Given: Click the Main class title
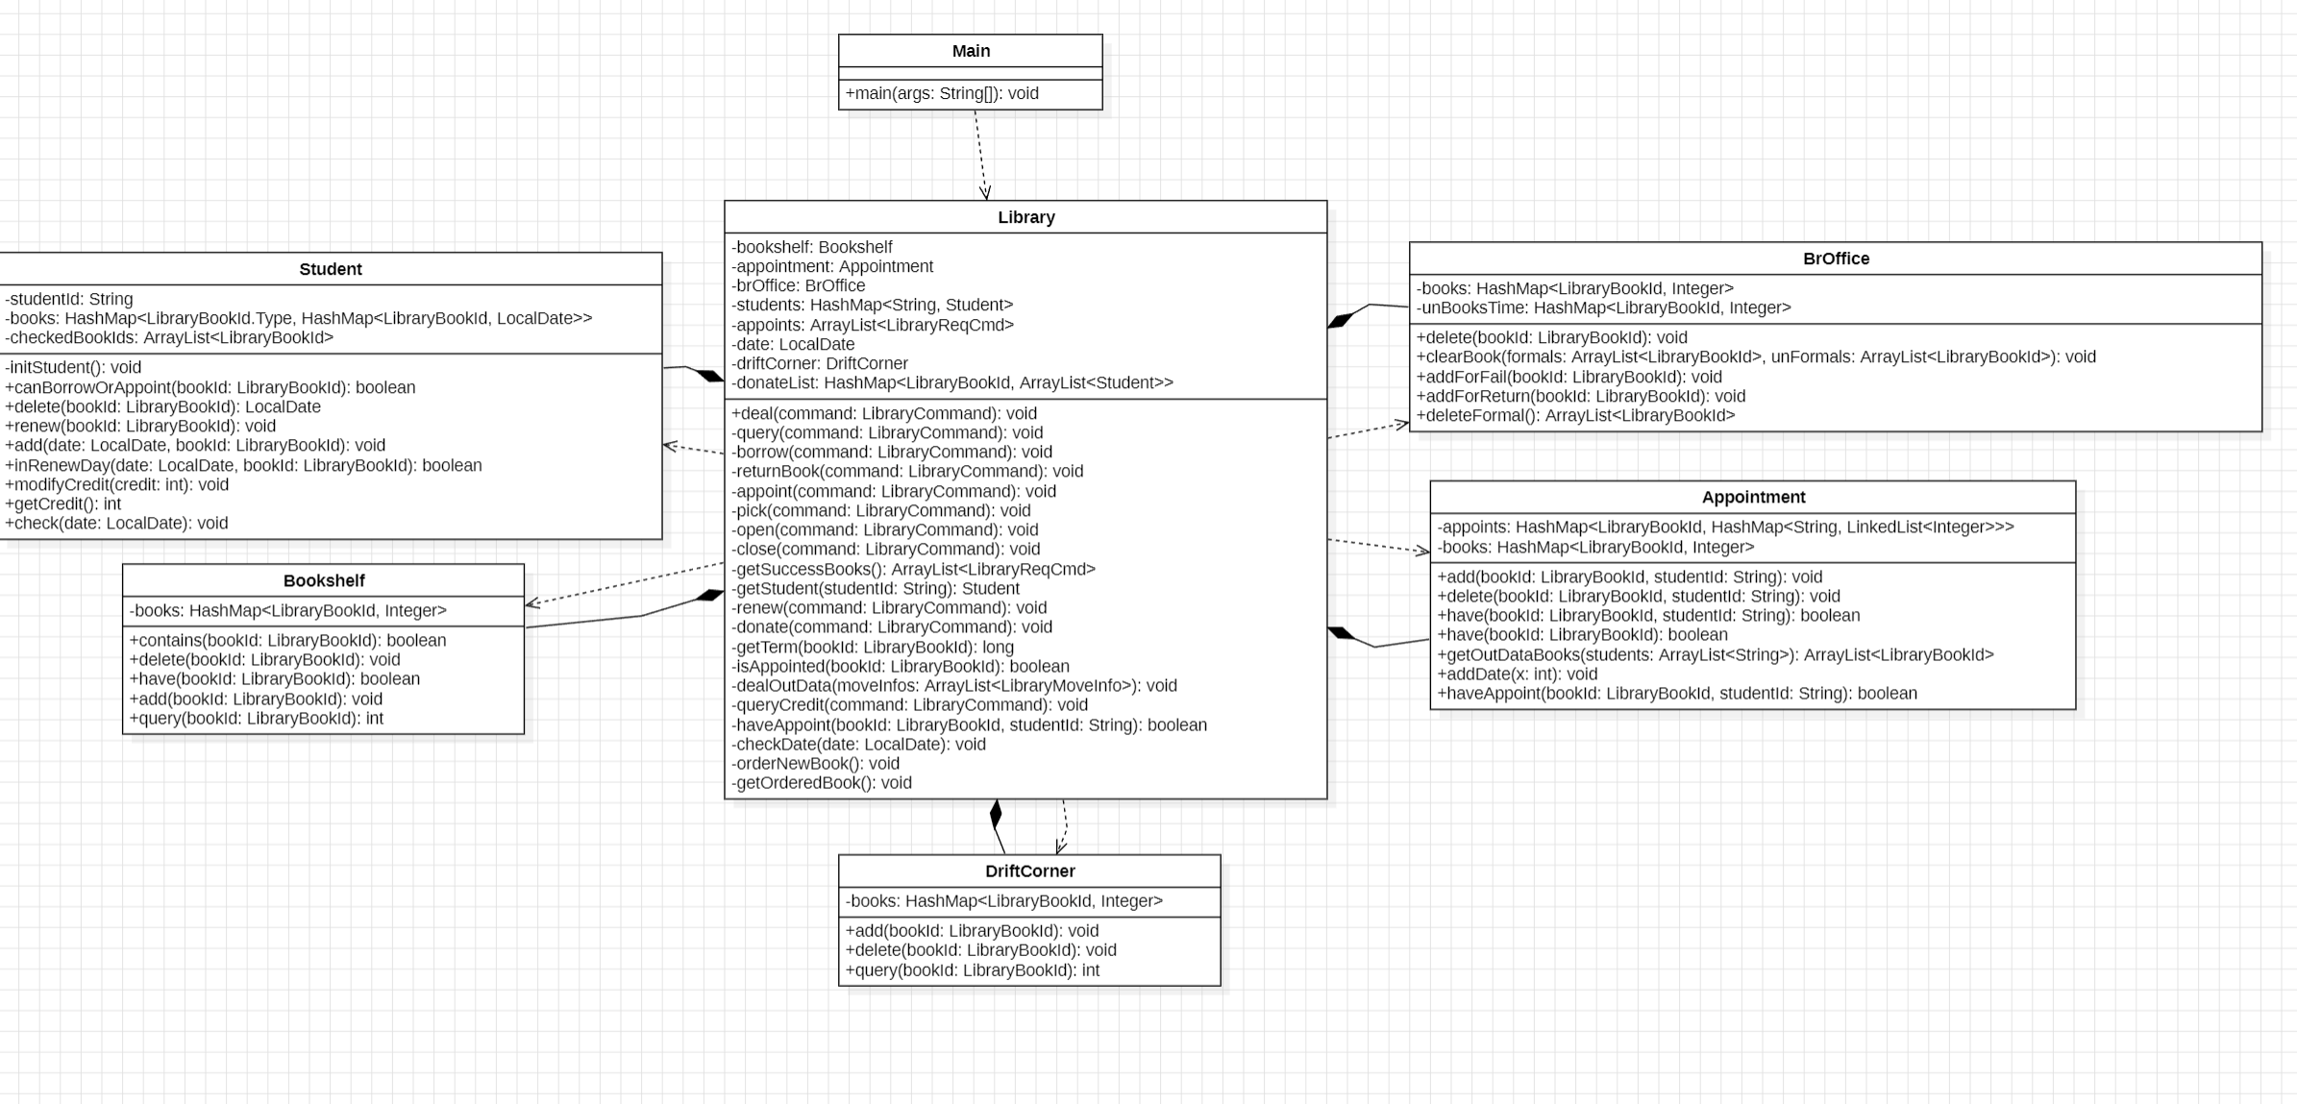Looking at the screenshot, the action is coord(971,51).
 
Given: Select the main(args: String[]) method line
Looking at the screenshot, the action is coord(942,93).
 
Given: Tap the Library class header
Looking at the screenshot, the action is coord(1025,217).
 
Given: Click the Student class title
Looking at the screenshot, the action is coord(331,269).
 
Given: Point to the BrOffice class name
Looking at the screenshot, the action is coord(1836,258).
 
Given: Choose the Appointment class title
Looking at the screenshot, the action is coord(1753,497).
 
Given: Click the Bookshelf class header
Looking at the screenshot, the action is coord(324,580).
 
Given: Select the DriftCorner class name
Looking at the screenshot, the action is coord(1029,871).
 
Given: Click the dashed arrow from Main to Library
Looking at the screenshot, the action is coord(980,155).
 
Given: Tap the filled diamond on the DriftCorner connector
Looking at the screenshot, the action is coord(996,814).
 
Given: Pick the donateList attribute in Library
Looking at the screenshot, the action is coord(952,382).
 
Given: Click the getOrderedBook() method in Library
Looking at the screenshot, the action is coord(822,782).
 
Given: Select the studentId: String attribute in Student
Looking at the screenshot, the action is coord(69,299).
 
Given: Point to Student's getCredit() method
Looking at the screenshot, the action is coord(63,503).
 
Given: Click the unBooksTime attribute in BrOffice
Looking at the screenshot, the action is coord(1603,307).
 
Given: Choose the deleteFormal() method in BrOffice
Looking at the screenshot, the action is coord(1575,415).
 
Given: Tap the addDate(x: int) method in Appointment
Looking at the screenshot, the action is coord(1517,674).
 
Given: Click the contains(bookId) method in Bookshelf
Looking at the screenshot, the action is coord(287,640).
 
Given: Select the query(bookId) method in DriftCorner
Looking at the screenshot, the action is coord(972,969).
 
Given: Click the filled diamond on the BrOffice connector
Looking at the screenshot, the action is coord(1341,320).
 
